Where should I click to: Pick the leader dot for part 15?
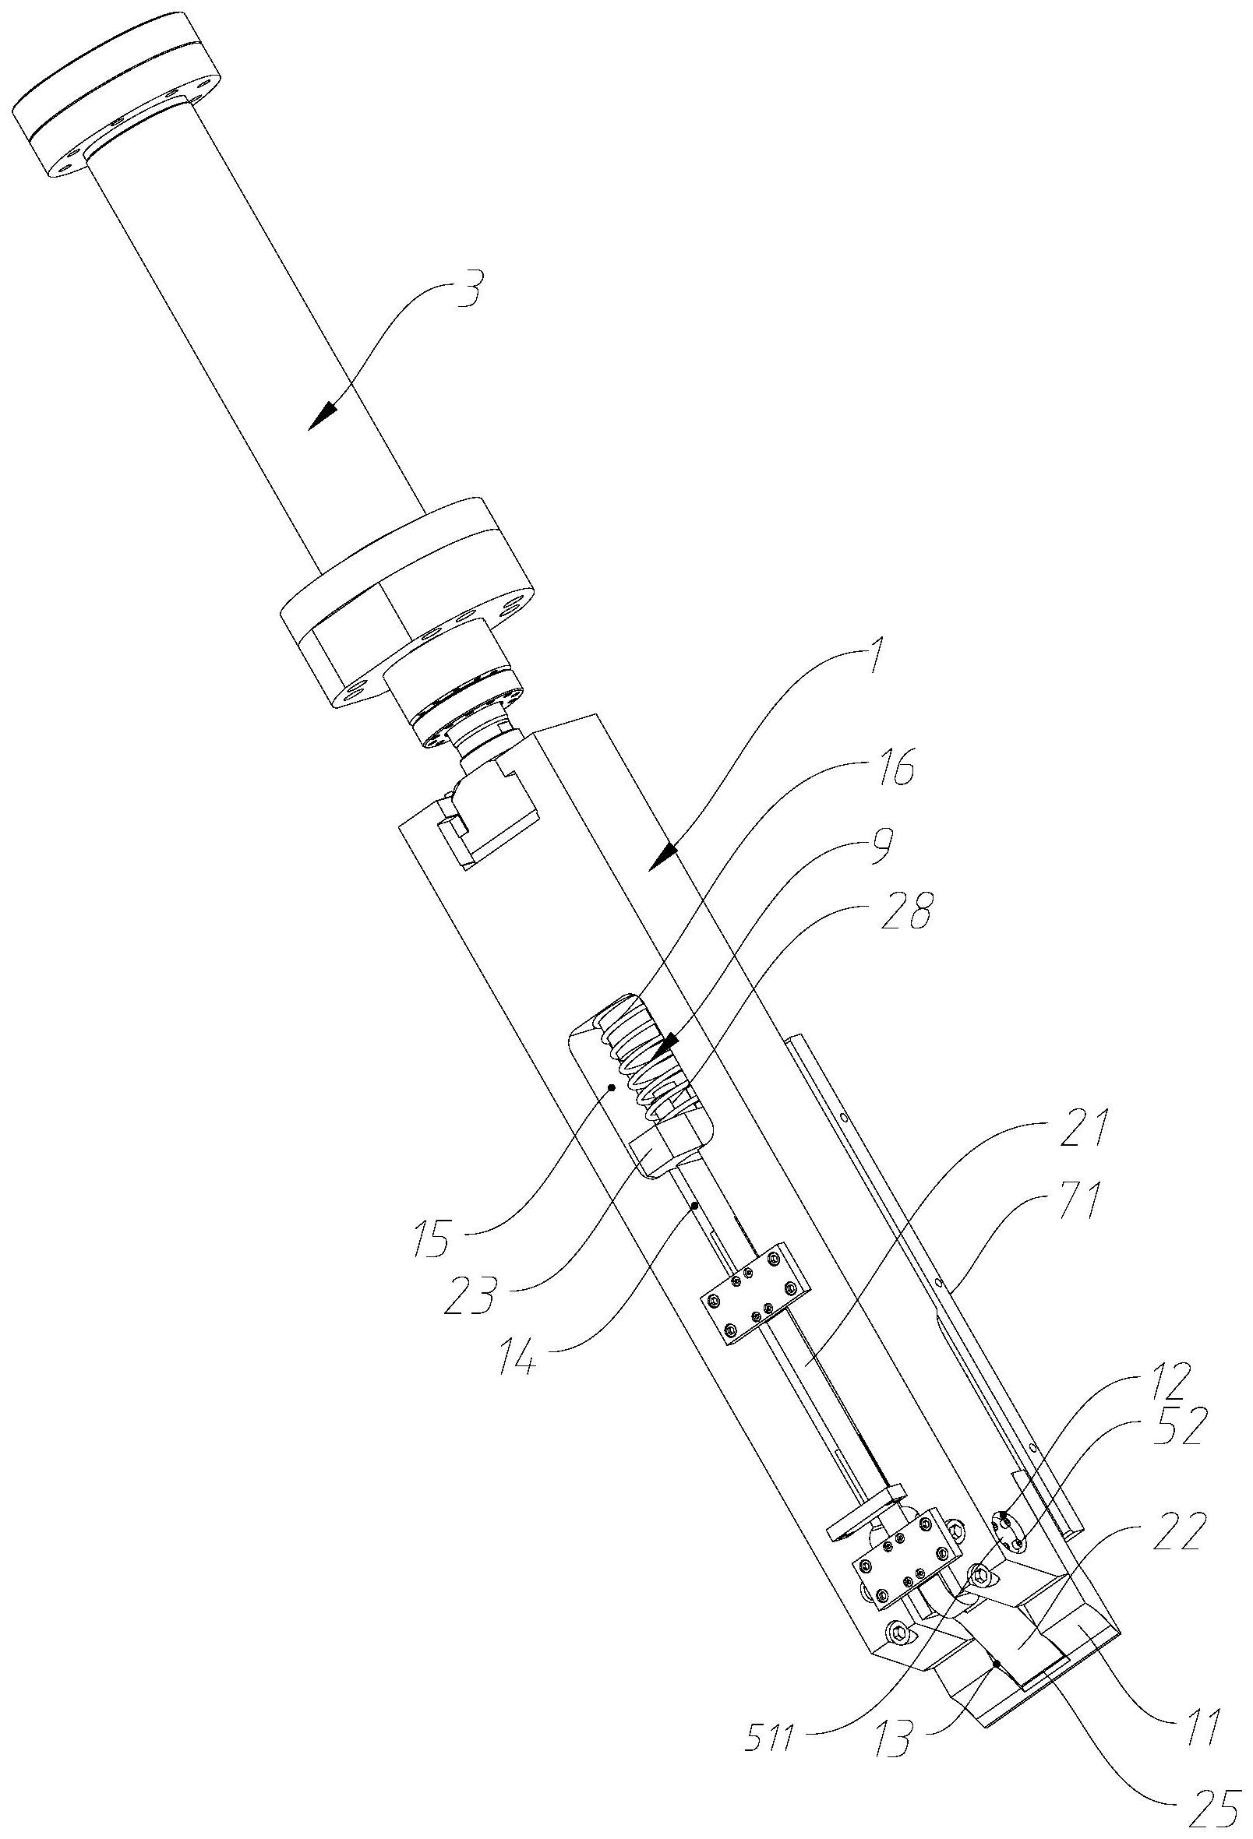coord(611,1090)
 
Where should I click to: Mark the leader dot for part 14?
coord(694,1206)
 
